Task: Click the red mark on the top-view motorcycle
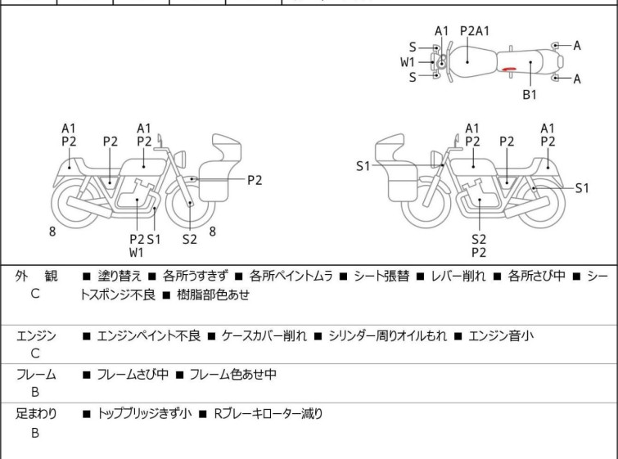pyautogui.click(x=509, y=70)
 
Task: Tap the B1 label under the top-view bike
pyautogui.click(x=530, y=95)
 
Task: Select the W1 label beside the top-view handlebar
pyautogui.click(x=408, y=62)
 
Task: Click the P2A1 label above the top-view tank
pyautogui.click(x=475, y=31)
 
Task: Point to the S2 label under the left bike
pyautogui.click(x=190, y=239)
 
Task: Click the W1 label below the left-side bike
pyautogui.click(x=136, y=252)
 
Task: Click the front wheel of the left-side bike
pyautogui.click(x=191, y=205)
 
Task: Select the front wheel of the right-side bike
pyautogui.click(x=426, y=205)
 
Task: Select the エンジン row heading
pyautogui.click(x=36, y=335)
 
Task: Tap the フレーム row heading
pyautogui.click(x=36, y=375)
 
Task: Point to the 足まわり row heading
pyautogui.click(x=36, y=414)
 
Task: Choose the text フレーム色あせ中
pyautogui.click(x=233, y=375)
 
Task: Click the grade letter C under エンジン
pyautogui.click(x=35, y=353)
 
